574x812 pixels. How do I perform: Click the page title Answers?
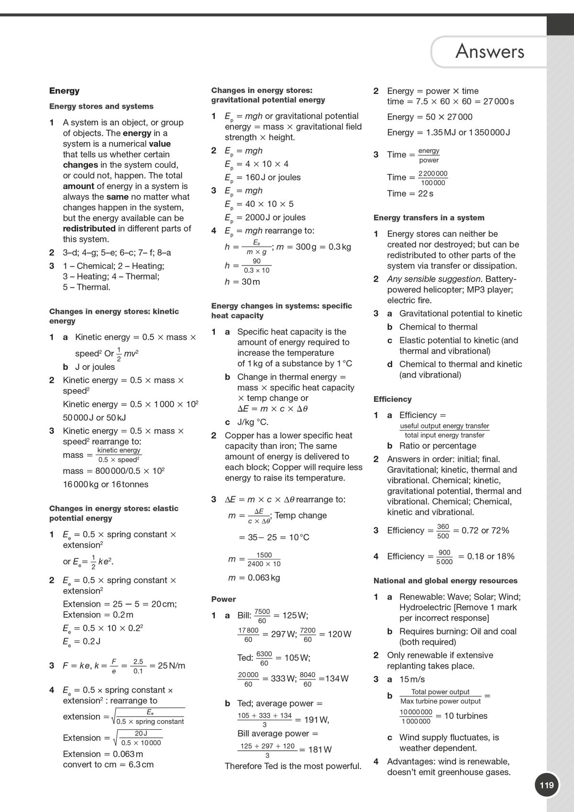pos(489,51)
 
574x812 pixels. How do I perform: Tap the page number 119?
pos(546,785)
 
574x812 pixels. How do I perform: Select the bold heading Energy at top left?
pos(64,91)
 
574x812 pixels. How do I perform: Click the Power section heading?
pos(223,599)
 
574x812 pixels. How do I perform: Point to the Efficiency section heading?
pos(392,399)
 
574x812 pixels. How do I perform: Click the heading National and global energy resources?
pos(445,581)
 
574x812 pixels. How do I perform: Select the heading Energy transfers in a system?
pos(429,218)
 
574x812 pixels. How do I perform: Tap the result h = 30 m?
pos(243,282)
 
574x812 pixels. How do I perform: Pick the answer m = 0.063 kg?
pos(254,578)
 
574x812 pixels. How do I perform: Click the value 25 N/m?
pos(171,666)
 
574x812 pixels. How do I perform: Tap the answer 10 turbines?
pos(466,716)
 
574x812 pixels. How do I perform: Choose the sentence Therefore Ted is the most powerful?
pos(293,766)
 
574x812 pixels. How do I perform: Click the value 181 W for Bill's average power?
pos(320,749)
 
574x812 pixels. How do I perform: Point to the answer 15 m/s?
pos(412,679)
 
